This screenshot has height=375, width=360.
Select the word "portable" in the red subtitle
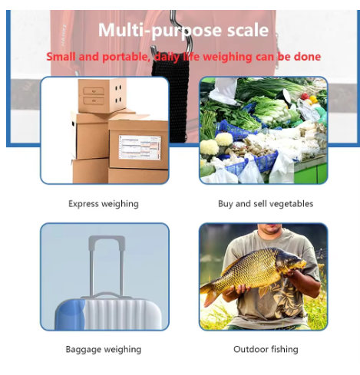[124, 57]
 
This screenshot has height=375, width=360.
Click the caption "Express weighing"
[104, 204]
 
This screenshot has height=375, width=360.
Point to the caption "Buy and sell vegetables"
[266, 204]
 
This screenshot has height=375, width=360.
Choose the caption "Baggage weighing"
[104, 349]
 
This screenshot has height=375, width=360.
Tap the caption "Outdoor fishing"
[266, 349]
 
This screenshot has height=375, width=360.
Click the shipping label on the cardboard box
[140, 147]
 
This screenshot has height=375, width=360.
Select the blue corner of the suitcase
[70, 315]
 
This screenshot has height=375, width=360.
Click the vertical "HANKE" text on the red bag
[64, 35]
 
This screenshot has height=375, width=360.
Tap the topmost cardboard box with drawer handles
[102, 96]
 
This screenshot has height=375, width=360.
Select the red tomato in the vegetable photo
[305, 97]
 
